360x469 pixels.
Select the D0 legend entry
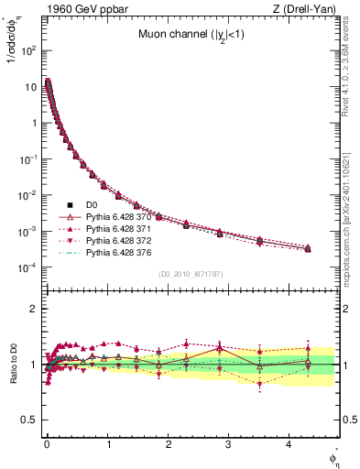pyautogui.click(x=92, y=204)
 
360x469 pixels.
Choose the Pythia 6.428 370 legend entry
pyautogui.click(x=119, y=216)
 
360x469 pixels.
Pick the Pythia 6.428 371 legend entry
pyautogui.click(x=119, y=228)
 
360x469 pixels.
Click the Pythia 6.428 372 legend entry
pyautogui.click(x=119, y=240)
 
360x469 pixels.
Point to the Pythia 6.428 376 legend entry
pyautogui.click(x=119, y=252)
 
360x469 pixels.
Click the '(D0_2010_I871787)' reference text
pyautogui.click(x=191, y=274)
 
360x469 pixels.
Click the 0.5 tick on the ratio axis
pyautogui.click(x=29, y=420)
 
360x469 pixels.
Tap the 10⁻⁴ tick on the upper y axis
pyautogui.click(x=28, y=267)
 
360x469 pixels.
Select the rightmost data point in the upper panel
pyautogui.click(x=307, y=248)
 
